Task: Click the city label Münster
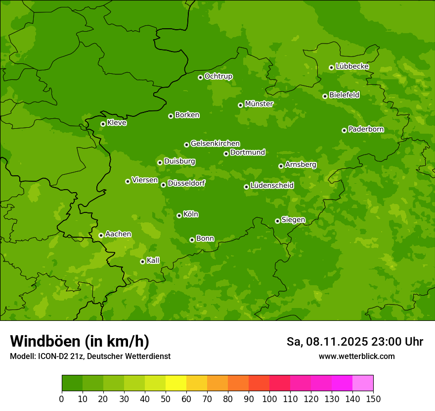[x=259, y=104]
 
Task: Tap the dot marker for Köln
[x=179, y=215]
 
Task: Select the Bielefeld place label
[x=345, y=95]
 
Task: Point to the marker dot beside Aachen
[x=101, y=235]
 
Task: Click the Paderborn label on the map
[x=366, y=129]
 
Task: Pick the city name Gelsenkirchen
[x=215, y=144]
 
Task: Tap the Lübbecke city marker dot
[x=331, y=67]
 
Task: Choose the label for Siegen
[x=294, y=220]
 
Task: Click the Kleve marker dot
[x=103, y=124]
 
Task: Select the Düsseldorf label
[x=186, y=183]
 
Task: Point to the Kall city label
[x=153, y=260]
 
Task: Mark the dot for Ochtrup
[x=200, y=77]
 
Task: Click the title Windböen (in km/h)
[x=80, y=342]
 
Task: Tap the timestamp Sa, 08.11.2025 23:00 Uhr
[x=355, y=342]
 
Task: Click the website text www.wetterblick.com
[x=357, y=356]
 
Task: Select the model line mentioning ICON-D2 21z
[x=90, y=356]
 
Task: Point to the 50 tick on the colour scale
[x=166, y=399]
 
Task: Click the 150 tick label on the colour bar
[x=373, y=399]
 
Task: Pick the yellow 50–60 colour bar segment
[x=176, y=383]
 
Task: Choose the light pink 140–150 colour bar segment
[x=363, y=383]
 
